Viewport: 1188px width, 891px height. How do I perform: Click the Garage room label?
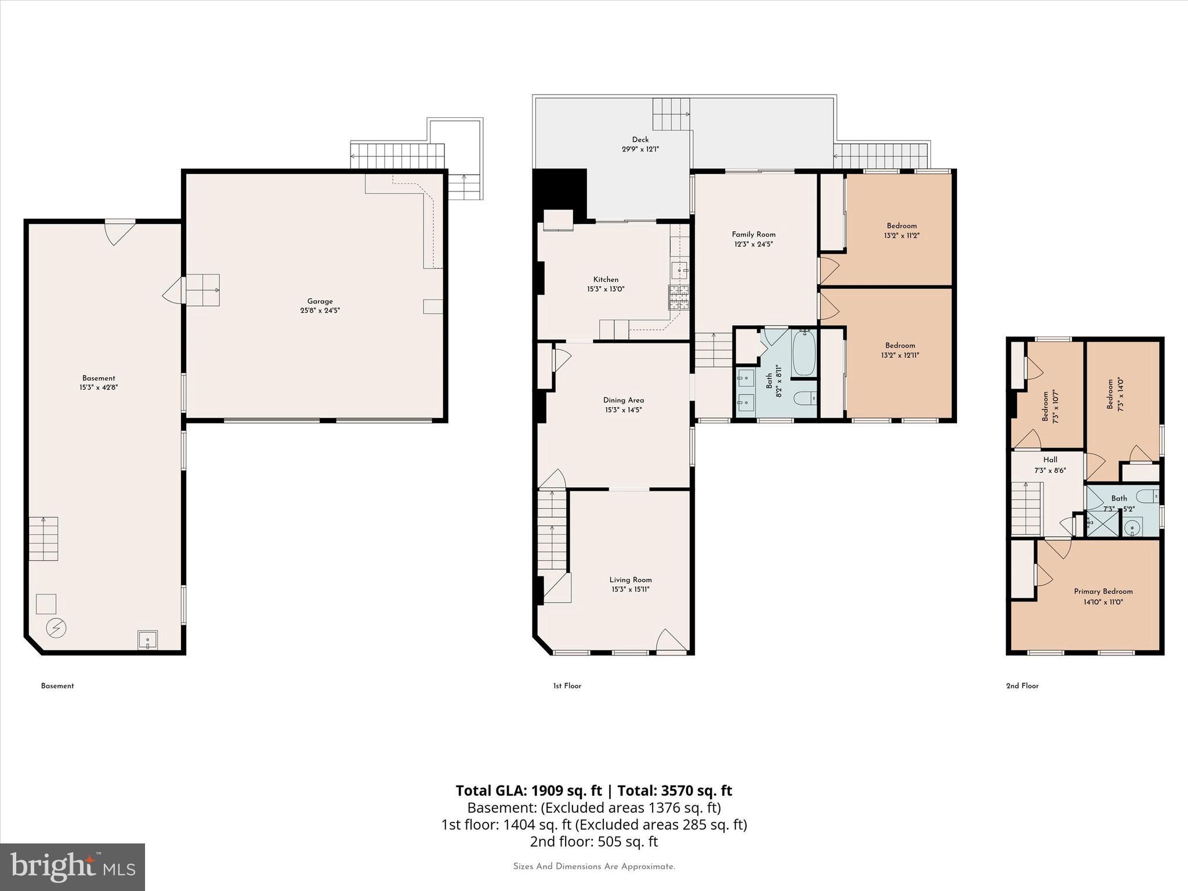tap(320, 301)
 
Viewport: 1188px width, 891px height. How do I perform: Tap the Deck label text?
tap(640, 139)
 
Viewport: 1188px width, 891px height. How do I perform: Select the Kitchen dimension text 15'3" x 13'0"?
tap(606, 289)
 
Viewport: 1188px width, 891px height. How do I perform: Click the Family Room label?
tap(754, 234)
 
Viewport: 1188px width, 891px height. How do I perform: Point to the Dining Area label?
tap(623, 400)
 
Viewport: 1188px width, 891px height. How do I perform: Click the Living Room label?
tap(630, 579)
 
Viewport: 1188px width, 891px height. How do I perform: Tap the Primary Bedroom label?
tap(1103, 592)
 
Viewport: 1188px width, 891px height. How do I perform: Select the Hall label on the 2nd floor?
tap(1050, 459)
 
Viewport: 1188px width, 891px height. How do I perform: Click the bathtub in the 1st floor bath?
tap(803, 353)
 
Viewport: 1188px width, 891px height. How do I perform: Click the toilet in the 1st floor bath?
tap(805, 399)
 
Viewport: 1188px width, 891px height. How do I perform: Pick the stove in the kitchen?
tap(679, 298)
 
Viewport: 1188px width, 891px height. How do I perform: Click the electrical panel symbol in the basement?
tap(57, 628)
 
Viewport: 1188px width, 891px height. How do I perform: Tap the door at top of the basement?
tap(119, 231)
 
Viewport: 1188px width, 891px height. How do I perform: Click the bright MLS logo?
tap(73, 867)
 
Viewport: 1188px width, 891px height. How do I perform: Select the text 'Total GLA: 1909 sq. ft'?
tap(528, 791)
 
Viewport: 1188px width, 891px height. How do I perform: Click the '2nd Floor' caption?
tap(1022, 686)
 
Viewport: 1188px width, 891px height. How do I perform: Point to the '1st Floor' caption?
tap(567, 686)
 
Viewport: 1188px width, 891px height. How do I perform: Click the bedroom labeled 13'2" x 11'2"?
tap(901, 230)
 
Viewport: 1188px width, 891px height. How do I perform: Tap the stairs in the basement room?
tap(44, 538)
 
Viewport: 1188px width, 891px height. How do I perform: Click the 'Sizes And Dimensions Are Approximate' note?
tap(593, 867)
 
